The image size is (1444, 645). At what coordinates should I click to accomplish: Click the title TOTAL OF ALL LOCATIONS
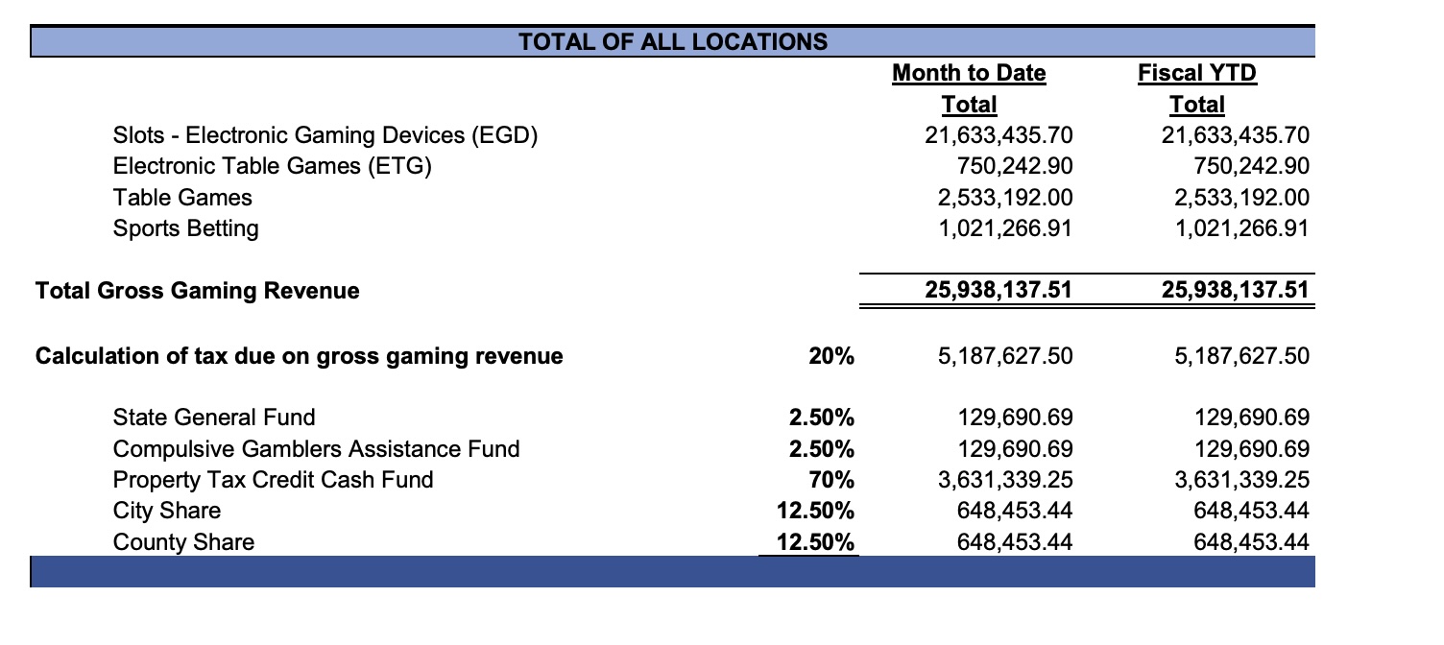(672, 42)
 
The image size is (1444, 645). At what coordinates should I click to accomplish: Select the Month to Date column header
(969, 73)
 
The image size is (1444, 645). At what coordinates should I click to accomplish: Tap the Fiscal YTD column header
(1196, 73)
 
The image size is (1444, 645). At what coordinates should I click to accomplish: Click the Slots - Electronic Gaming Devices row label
(324, 135)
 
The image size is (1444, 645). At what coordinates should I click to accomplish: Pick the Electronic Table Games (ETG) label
(273, 166)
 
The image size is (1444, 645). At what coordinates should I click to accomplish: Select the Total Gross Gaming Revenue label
(197, 290)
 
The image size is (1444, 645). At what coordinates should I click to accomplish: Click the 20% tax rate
(830, 357)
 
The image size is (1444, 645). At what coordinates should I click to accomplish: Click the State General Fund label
(213, 417)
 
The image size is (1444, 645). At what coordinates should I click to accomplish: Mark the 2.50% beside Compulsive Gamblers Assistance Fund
(821, 448)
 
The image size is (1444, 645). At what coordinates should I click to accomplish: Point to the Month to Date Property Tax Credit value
(1003, 479)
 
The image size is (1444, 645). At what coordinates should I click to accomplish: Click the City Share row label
(166, 511)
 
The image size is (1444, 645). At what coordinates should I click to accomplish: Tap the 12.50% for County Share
(815, 542)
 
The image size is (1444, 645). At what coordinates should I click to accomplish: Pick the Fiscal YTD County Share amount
(1251, 542)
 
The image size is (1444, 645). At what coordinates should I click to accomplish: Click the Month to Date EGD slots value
(998, 135)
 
